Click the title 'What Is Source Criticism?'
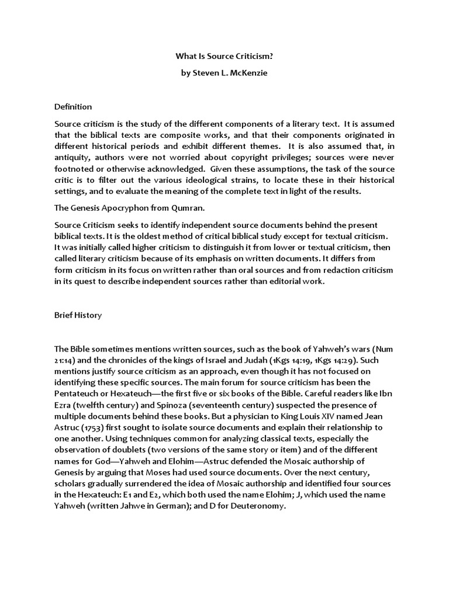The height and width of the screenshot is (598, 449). [224, 57]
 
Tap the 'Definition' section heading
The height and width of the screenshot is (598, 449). [73, 107]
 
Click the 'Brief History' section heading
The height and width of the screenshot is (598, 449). [78, 315]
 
